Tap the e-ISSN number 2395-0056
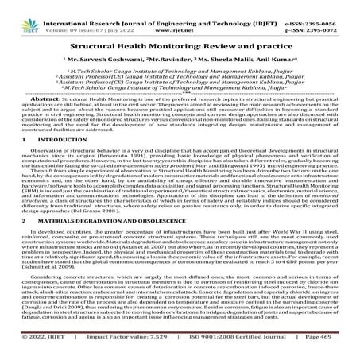325,5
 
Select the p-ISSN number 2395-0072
325,14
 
